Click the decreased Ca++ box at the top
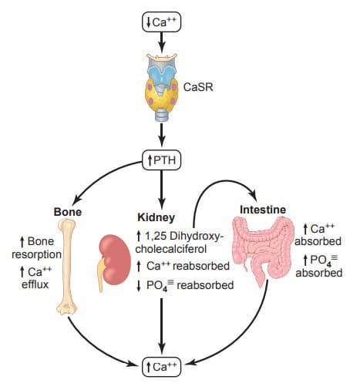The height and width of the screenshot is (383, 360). (162, 22)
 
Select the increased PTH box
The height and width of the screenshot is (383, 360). (162, 160)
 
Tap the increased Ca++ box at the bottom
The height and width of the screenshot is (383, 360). (162, 367)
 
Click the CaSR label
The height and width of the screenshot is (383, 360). (198, 87)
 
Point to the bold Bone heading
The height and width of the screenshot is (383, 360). (68, 212)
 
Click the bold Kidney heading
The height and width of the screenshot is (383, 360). (156, 217)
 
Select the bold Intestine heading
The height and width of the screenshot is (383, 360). (263, 210)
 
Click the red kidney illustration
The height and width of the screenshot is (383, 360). (114, 262)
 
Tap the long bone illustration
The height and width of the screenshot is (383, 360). (67, 266)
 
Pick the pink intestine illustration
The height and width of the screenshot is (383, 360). (264, 250)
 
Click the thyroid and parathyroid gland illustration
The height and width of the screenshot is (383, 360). (162, 87)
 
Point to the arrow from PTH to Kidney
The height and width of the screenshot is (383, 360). (161, 190)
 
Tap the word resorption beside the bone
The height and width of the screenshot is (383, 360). (37, 255)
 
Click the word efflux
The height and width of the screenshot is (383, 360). (35, 284)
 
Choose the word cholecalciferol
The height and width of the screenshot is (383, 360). (171, 249)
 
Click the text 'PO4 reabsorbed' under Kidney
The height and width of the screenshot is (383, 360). (190, 285)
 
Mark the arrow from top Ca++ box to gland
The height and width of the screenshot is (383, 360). (161, 42)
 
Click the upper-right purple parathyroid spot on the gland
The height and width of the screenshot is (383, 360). (174, 87)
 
